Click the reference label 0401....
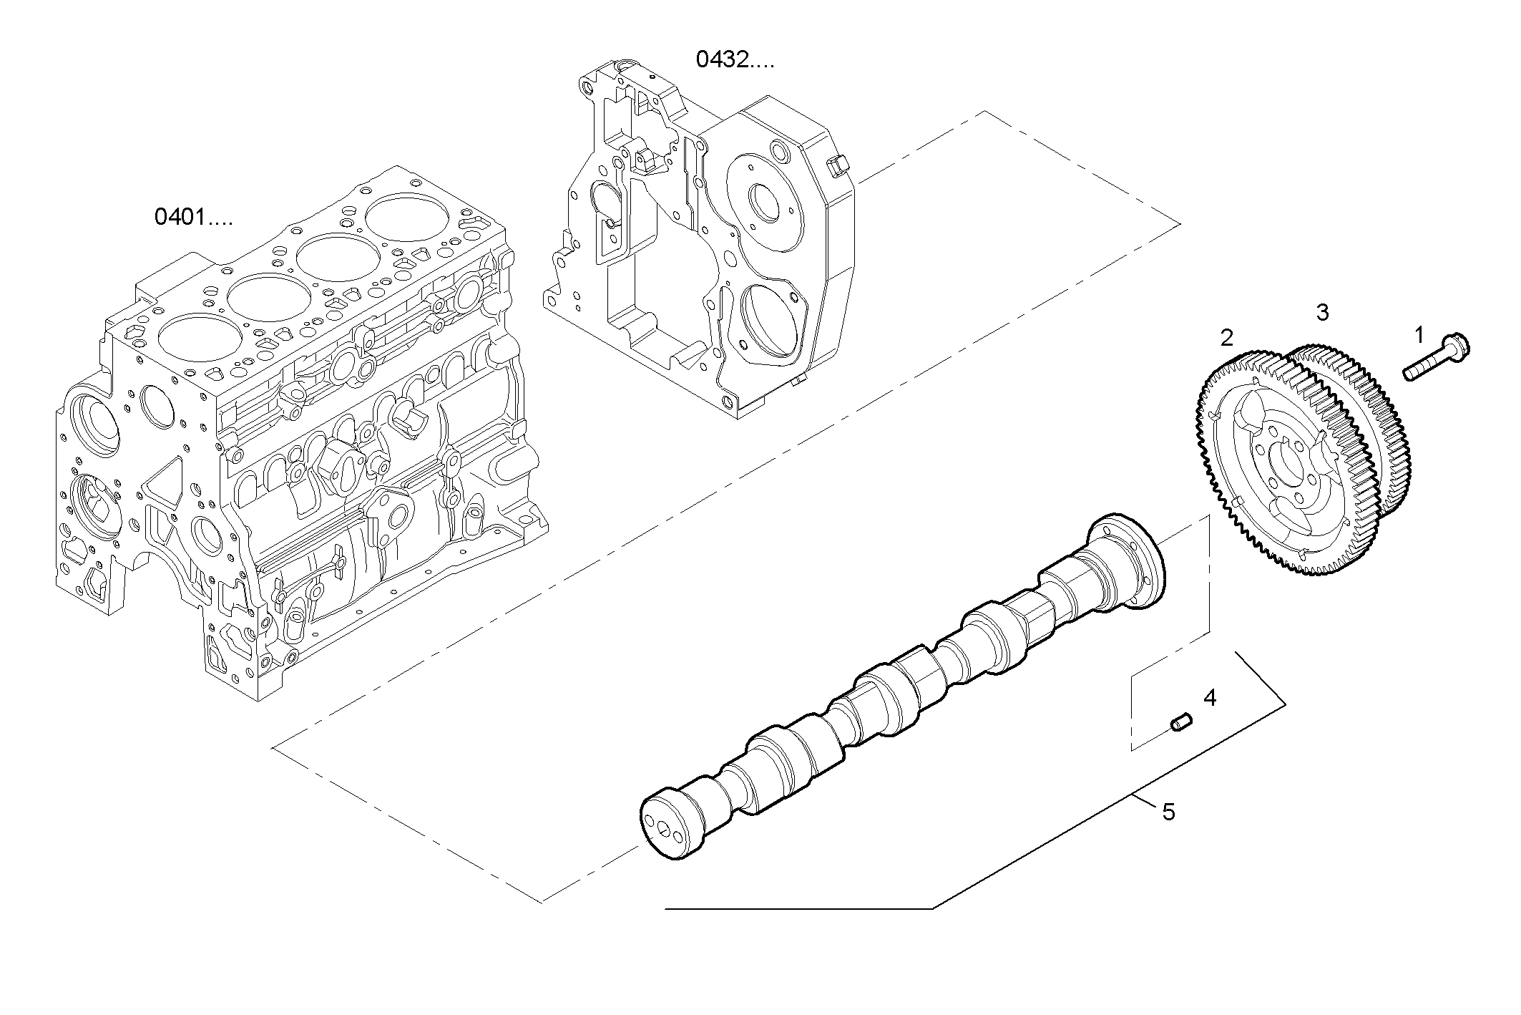point(193,216)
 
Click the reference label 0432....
point(735,60)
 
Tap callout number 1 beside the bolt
point(1419,334)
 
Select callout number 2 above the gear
point(1227,338)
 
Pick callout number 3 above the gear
point(1322,312)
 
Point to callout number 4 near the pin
point(1210,697)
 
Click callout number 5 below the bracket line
point(1168,812)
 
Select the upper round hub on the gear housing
point(763,203)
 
